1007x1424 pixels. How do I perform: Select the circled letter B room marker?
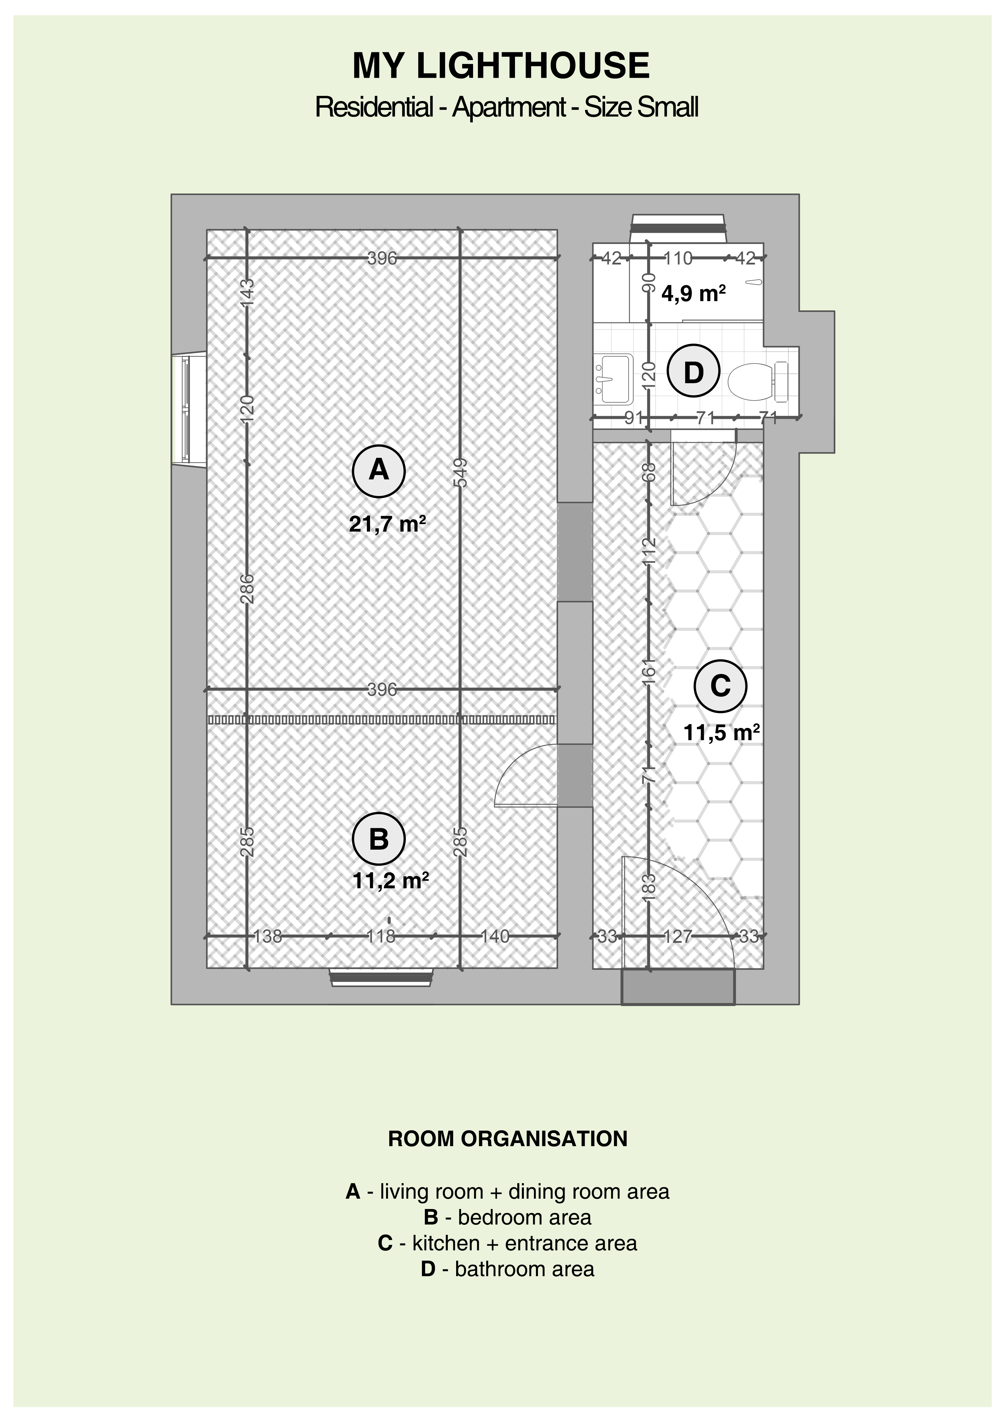click(379, 839)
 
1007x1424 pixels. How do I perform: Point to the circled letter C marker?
click(721, 686)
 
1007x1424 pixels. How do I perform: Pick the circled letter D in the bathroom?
click(693, 372)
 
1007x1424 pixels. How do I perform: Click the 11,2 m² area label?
click(391, 881)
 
